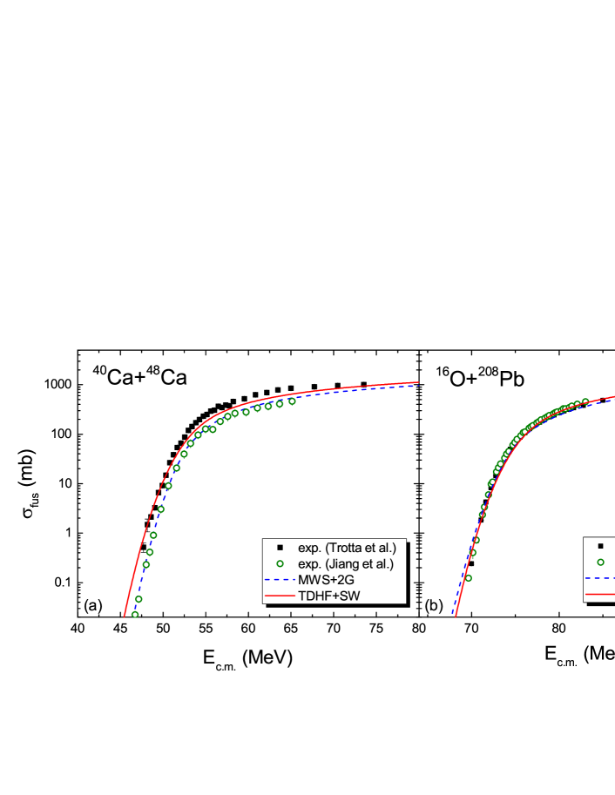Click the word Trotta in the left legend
[341, 548]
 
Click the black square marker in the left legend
[280, 548]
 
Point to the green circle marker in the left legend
[280, 563]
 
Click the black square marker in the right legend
[600, 546]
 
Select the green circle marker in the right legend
[600, 563]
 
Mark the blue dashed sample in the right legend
[600, 578]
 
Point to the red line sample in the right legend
[600, 596]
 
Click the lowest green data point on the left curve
[135, 615]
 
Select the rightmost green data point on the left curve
[292, 401]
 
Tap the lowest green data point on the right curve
[468, 577]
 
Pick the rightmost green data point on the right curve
[585, 401]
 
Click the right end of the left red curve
[419, 381]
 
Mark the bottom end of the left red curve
[125, 616]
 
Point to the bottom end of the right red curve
[455, 616]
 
